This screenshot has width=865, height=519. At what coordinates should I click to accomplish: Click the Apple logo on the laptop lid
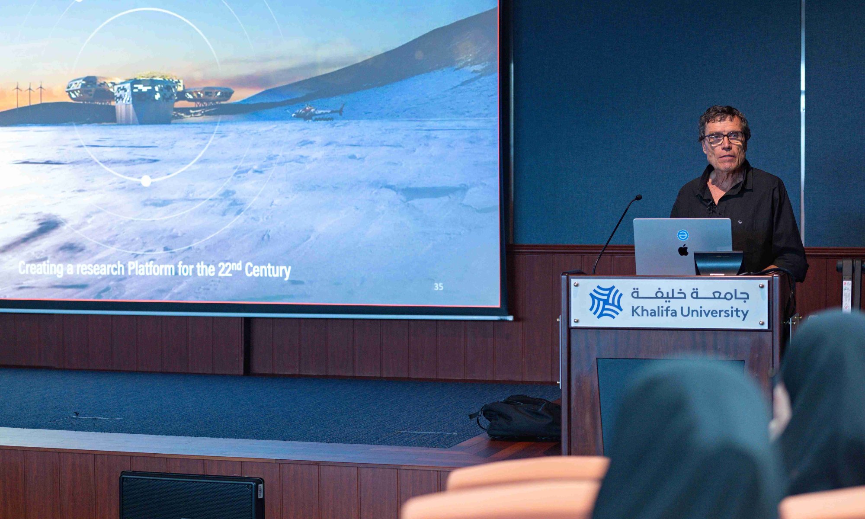tap(683, 250)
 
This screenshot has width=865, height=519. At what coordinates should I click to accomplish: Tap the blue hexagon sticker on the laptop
tap(682, 235)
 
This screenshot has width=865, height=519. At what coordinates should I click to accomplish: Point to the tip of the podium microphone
tap(638, 198)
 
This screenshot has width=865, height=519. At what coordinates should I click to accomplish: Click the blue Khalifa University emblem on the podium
tap(606, 302)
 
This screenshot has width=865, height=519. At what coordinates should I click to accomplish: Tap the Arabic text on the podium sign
tap(689, 294)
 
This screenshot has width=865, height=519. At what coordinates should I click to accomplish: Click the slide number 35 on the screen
tap(438, 286)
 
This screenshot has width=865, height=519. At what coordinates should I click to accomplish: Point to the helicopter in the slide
tap(318, 112)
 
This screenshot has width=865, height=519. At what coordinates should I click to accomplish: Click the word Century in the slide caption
tap(268, 270)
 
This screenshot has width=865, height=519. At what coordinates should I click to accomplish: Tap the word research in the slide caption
tap(100, 269)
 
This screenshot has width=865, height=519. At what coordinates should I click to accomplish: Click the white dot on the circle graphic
tap(146, 181)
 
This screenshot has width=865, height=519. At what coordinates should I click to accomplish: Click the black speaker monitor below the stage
tap(192, 495)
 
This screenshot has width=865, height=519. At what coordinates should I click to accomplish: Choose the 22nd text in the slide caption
tap(229, 269)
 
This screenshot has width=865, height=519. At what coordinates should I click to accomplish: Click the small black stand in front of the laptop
tap(718, 263)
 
